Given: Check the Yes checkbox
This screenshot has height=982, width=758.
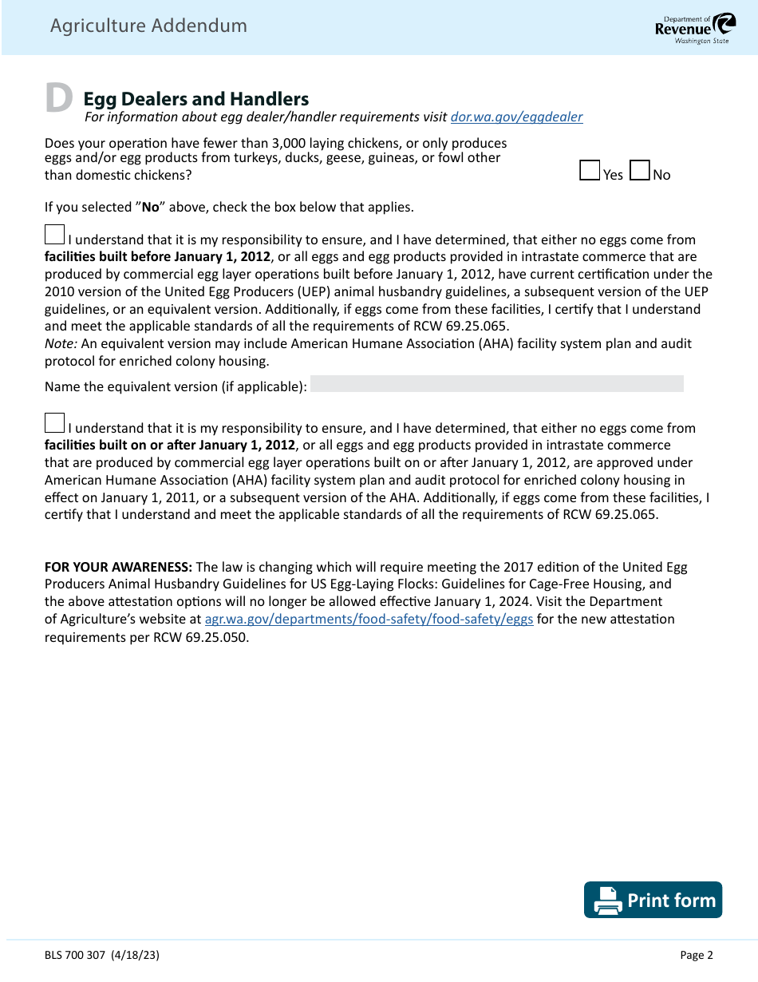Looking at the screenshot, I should pyautogui.click(x=590, y=171).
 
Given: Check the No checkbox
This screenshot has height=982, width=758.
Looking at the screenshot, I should pyautogui.click(x=639, y=171).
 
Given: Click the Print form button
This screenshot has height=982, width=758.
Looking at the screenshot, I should pyautogui.click(x=653, y=900).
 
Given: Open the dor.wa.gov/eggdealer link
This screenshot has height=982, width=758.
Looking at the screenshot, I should pyautogui.click(x=516, y=117).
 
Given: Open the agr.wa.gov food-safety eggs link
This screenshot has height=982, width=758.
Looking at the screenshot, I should pyautogui.click(x=369, y=620).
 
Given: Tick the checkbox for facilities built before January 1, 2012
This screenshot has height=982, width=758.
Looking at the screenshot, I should pyautogui.click(x=54, y=235).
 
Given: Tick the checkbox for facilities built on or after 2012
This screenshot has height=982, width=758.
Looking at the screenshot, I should pyautogui.click(x=54, y=423).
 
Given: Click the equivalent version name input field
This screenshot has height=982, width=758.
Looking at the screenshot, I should pyautogui.click(x=496, y=384).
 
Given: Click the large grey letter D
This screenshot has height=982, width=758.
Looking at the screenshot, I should pyautogui.click(x=58, y=98).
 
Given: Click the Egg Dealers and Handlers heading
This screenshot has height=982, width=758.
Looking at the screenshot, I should pyautogui.click(x=196, y=99).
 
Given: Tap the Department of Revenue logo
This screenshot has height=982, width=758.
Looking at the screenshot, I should pyautogui.click(x=691, y=28).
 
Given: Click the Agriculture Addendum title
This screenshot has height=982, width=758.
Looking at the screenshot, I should pyautogui.click(x=148, y=26).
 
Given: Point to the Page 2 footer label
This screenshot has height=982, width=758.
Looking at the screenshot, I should pyautogui.click(x=696, y=955).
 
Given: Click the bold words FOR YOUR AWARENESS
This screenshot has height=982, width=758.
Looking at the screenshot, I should pyautogui.click(x=118, y=567).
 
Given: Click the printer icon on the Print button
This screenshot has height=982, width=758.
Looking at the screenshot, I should pyautogui.click(x=608, y=901).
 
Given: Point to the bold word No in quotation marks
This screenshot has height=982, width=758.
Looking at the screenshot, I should pyautogui.click(x=151, y=208).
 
